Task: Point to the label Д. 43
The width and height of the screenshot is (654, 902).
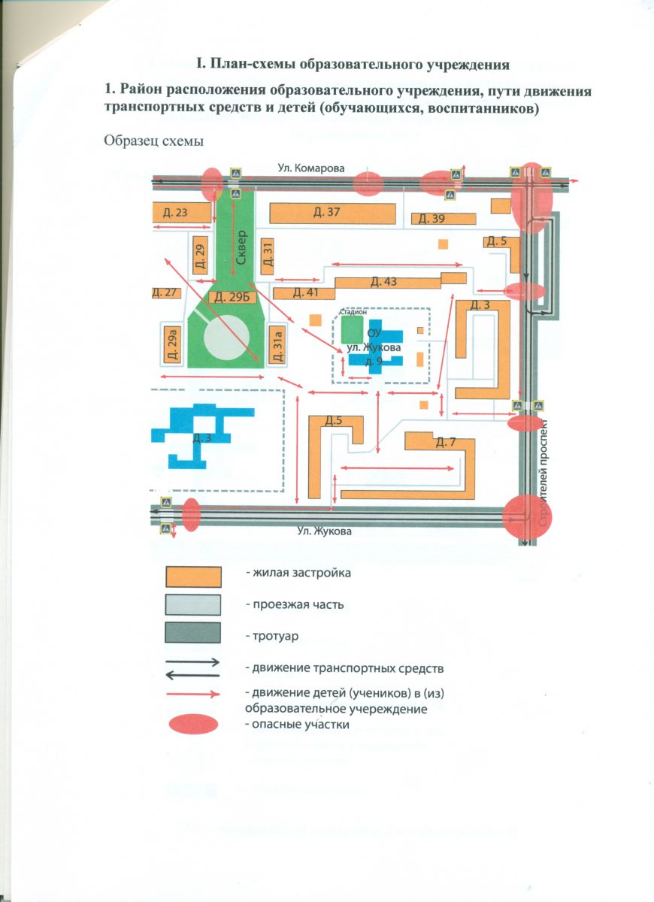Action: click(x=383, y=282)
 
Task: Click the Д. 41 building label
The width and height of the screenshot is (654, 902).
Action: click(x=304, y=292)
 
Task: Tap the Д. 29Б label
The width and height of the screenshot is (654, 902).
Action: click(x=231, y=297)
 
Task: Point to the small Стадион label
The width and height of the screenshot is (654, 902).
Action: click(x=353, y=311)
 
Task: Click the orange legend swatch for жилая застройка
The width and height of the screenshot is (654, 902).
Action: click(x=193, y=577)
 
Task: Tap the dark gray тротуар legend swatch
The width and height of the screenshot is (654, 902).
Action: click(x=193, y=634)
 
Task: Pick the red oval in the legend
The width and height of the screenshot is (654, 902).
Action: click(x=192, y=725)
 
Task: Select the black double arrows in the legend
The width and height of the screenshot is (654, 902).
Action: click(x=193, y=667)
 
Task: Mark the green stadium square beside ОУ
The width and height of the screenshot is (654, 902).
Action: click(x=350, y=328)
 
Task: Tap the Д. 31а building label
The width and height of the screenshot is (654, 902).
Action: click(x=277, y=347)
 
